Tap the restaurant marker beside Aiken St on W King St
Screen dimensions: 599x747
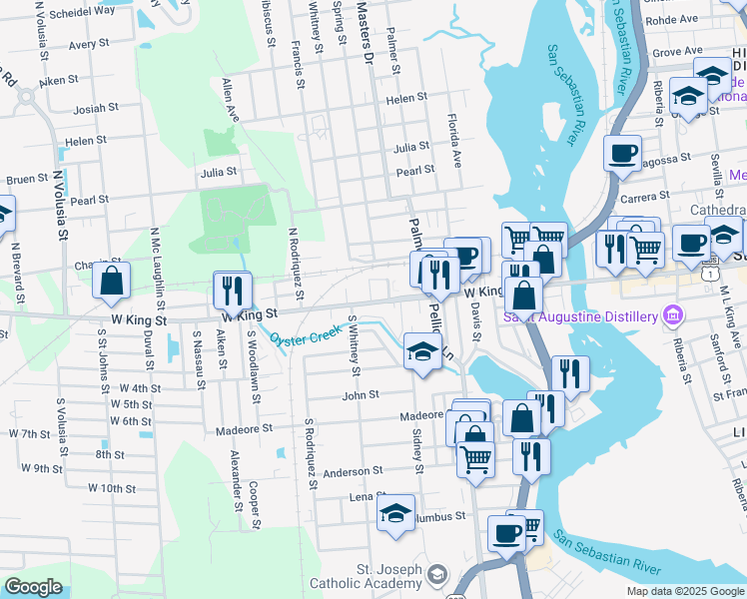(x=231, y=290)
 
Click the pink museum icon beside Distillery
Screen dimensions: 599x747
(x=673, y=316)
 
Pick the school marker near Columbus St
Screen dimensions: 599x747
(x=395, y=513)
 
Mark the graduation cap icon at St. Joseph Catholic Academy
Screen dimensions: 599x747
(x=437, y=574)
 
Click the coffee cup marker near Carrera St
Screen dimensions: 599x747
(x=621, y=154)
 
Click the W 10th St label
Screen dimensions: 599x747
(x=112, y=488)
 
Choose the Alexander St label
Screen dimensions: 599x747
(x=237, y=479)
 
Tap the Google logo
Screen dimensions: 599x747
(x=34, y=587)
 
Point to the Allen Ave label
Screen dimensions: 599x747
(x=232, y=100)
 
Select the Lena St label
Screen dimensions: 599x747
(x=367, y=496)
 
